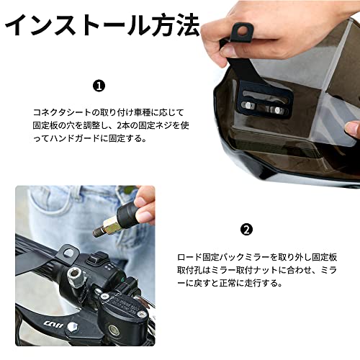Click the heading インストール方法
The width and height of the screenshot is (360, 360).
(102, 26)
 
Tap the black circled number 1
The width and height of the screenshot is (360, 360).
(99, 86)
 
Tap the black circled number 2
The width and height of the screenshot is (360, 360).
(246, 230)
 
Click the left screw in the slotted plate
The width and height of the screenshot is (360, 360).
(248, 105)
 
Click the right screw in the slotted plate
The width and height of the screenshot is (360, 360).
(278, 110)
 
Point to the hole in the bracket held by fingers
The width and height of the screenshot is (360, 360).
(243, 31)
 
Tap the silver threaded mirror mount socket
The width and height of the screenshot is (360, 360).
(76, 276)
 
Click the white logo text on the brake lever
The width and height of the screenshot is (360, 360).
(53, 324)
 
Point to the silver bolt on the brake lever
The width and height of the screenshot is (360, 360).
(72, 328)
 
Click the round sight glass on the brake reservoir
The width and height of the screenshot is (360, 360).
(113, 329)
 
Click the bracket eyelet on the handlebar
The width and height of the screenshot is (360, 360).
(68, 253)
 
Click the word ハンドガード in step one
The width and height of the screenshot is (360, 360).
(74, 138)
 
